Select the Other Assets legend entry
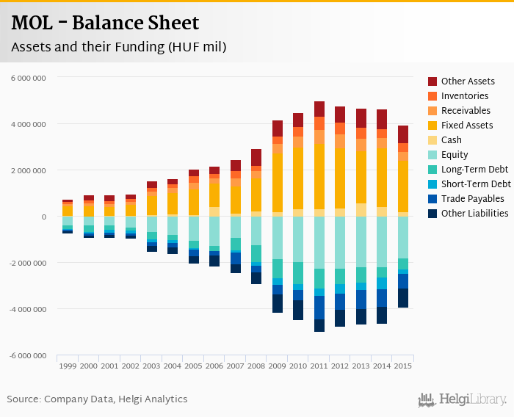[468, 81]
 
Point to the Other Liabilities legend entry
[474, 214]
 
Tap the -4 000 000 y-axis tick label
[28, 309]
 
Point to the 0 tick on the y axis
[44, 217]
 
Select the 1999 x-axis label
[68, 365]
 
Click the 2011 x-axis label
[319, 365]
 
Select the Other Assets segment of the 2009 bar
[278, 128]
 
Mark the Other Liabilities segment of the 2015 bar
[403, 298]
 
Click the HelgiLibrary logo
[463, 400]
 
